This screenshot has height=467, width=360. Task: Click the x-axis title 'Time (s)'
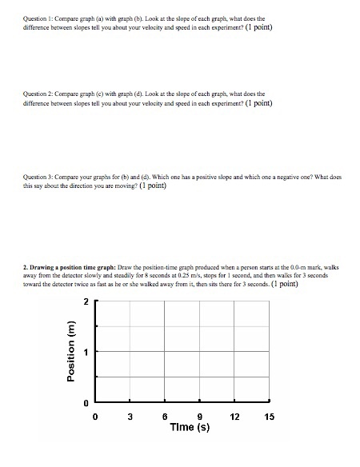point(190,428)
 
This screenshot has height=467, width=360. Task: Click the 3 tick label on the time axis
point(130,415)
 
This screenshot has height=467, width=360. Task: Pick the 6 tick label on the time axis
point(164,415)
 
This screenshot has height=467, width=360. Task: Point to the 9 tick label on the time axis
point(199,415)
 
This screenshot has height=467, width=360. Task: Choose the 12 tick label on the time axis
point(234,415)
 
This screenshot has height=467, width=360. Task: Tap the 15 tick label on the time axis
point(268,415)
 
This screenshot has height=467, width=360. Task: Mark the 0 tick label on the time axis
point(95,415)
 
